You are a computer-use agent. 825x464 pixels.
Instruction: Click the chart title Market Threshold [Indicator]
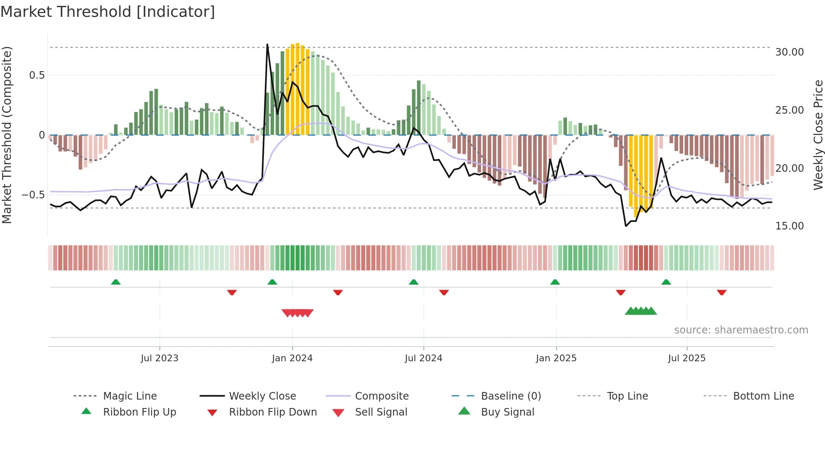tap(108, 12)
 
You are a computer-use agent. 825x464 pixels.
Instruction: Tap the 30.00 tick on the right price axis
tap(789, 52)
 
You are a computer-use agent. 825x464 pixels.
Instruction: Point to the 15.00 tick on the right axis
tap(789, 226)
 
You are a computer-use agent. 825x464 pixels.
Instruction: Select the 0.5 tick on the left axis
tap(37, 75)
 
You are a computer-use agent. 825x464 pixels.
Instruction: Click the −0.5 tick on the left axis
tap(33, 195)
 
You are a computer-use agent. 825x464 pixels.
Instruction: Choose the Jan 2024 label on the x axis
tap(292, 358)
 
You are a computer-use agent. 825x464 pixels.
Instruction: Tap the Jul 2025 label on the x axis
tap(687, 358)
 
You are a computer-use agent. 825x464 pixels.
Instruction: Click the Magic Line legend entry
tap(130, 396)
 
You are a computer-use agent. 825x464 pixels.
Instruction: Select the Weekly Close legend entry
tap(262, 396)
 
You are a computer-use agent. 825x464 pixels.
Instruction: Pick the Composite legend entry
tap(381, 396)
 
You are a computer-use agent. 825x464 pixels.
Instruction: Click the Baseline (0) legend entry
tap(511, 396)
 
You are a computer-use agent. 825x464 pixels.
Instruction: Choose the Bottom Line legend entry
tap(763, 396)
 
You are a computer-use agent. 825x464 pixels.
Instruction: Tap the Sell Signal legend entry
tap(381, 412)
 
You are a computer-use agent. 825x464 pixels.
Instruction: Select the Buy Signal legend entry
tap(507, 412)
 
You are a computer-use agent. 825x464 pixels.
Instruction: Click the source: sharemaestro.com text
tap(741, 330)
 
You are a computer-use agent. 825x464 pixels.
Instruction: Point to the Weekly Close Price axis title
tap(818, 135)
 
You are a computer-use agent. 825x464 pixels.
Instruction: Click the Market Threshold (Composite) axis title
tap(7, 135)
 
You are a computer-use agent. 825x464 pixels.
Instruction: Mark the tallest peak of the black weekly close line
tap(267, 44)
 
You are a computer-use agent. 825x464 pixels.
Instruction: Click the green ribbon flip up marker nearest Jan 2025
tap(555, 282)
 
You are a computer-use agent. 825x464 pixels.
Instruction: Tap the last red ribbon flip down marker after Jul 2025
tap(721, 292)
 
